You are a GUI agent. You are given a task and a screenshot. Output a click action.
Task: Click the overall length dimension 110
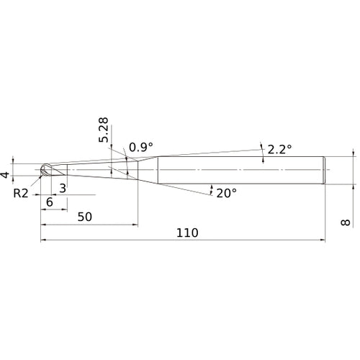(x=187, y=233)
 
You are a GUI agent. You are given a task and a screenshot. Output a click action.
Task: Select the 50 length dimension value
(x=85, y=217)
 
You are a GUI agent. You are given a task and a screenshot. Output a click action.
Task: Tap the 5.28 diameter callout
(x=104, y=130)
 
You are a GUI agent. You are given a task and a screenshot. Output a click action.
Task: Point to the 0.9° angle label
(x=141, y=147)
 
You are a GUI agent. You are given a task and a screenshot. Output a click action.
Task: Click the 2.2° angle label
(x=279, y=149)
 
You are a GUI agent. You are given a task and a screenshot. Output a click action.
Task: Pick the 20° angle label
(x=227, y=193)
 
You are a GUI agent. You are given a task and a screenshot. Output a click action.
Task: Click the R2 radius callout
(x=21, y=193)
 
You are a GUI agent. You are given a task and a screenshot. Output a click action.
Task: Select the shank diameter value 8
(x=346, y=222)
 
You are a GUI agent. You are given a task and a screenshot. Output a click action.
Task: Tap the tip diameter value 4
(x=5, y=175)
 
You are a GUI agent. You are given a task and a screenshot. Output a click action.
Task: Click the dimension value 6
(x=50, y=202)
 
